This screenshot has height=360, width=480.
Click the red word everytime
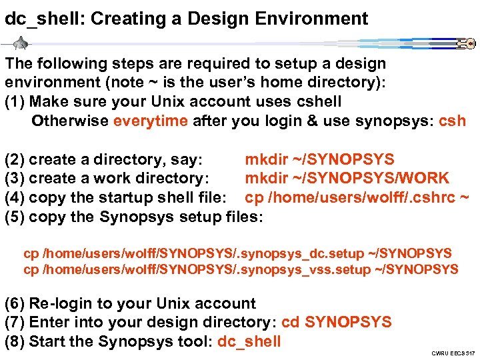click(151, 121)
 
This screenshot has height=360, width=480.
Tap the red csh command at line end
click(453, 121)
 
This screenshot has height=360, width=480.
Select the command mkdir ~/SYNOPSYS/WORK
click(347, 179)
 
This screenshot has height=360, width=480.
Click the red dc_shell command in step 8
click(249, 342)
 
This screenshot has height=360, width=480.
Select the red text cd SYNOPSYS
click(337, 323)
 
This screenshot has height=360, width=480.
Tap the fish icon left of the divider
click(22, 45)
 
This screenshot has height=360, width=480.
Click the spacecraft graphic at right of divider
click(465, 45)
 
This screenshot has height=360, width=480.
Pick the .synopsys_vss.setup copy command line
click(241, 269)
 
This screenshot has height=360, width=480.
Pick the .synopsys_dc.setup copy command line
click(237, 253)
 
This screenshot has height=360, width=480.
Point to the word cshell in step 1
click(315, 102)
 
